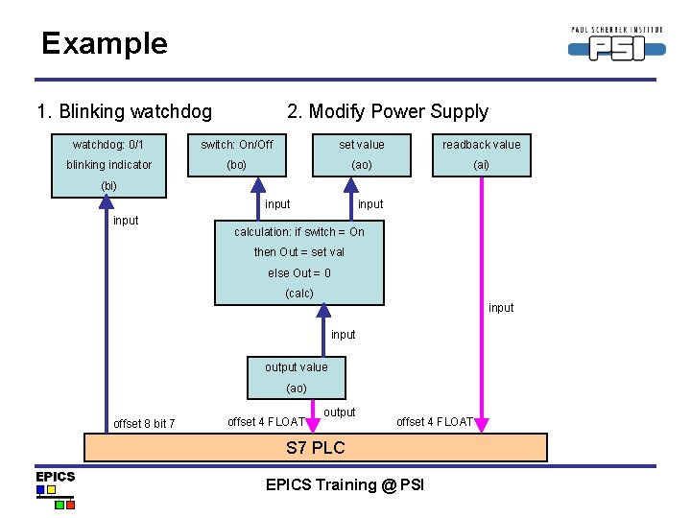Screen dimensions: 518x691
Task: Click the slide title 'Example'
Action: pyautogui.click(x=104, y=43)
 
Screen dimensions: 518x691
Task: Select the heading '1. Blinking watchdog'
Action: pyautogui.click(x=124, y=111)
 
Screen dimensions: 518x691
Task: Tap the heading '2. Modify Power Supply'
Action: pyautogui.click(x=388, y=111)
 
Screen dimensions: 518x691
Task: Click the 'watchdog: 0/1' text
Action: pyautogui.click(x=108, y=145)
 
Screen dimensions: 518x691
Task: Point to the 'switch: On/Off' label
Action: pyautogui.click(x=236, y=145)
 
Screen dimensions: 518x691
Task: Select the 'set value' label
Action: pyautogui.click(x=362, y=145)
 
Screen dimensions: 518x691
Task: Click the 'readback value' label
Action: pyautogui.click(x=481, y=145)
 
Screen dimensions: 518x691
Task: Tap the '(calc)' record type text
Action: pyautogui.click(x=299, y=294)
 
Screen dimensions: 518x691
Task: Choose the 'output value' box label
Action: pyautogui.click(x=296, y=367)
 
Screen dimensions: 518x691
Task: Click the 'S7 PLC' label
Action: pyautogui.click(x=316, y=448)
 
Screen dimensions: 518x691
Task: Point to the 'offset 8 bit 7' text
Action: pyautogui.click(x=144, y=423)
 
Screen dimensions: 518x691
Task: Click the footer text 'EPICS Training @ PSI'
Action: pyautogui.click(x=345, y=484)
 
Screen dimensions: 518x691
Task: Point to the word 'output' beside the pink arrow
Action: pyautogui.click(x=340, y=412)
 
